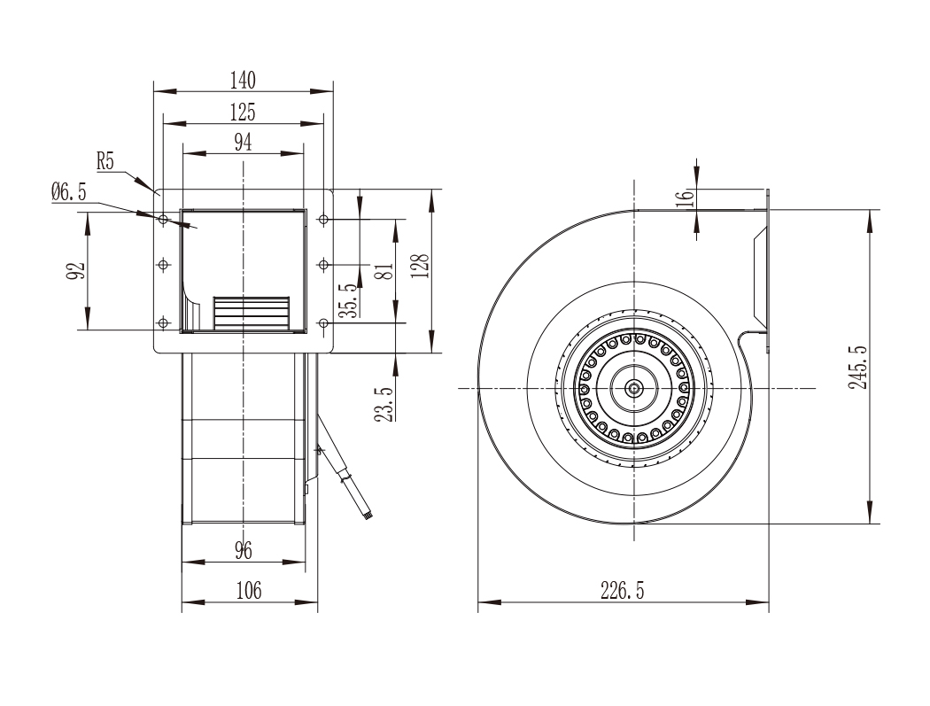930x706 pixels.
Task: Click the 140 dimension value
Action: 244,80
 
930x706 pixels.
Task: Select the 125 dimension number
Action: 244,112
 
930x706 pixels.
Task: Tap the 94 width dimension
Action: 244,143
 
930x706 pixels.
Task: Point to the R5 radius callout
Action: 105,161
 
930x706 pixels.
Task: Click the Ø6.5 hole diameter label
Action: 69,191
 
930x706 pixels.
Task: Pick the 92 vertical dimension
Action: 76,271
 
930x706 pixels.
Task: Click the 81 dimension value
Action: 385,272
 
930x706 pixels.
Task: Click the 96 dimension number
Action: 244,551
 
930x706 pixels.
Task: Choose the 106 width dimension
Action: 249,591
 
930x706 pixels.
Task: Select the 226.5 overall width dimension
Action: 622,591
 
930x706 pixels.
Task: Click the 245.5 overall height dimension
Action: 857,368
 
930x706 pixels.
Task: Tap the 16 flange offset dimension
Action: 685,196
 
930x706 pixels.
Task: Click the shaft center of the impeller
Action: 635,389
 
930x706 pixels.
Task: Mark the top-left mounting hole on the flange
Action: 164,220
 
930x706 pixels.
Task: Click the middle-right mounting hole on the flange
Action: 323,265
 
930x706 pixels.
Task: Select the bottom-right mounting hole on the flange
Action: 323,323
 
